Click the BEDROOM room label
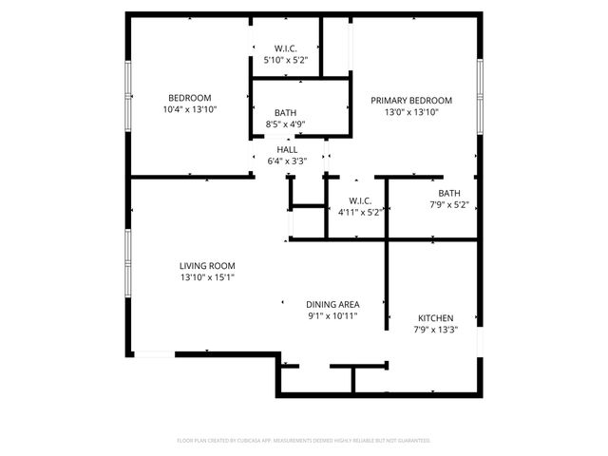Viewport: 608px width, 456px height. click(189, 98)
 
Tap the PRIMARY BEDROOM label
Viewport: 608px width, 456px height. click(410, 100)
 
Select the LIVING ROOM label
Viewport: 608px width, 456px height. click(207, 266)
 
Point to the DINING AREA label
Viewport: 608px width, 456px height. click(332, 304)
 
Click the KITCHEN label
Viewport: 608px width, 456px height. click(435, 318)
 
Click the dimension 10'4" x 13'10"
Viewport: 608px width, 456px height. click(189, 110)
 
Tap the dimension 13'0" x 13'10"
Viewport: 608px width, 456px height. click(410, 112)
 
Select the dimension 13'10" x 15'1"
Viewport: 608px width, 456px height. click(207, 277)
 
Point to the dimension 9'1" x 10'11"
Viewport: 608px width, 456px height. click(332, 315)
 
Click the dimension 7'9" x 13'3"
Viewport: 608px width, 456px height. click(435, 330)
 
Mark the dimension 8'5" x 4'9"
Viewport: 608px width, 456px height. click(285, 123)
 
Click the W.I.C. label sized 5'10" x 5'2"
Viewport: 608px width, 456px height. click(285, 48)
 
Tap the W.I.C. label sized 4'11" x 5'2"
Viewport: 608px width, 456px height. click(359, 200)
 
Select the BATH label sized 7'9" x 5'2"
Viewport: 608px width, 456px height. click(448, 193)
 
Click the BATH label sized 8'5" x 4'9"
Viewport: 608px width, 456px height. click(285, 112)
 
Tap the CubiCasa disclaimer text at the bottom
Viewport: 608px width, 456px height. click(304, 441)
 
